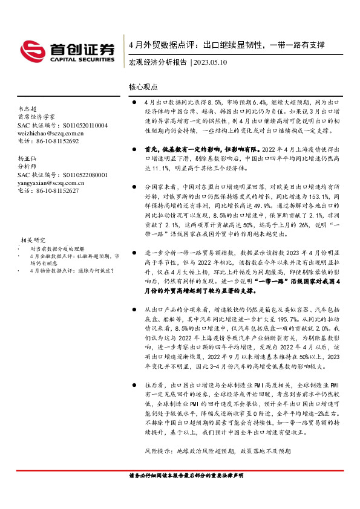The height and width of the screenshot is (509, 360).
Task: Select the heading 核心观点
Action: [143, 87]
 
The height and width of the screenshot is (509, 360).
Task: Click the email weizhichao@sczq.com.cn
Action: [51, 133]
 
